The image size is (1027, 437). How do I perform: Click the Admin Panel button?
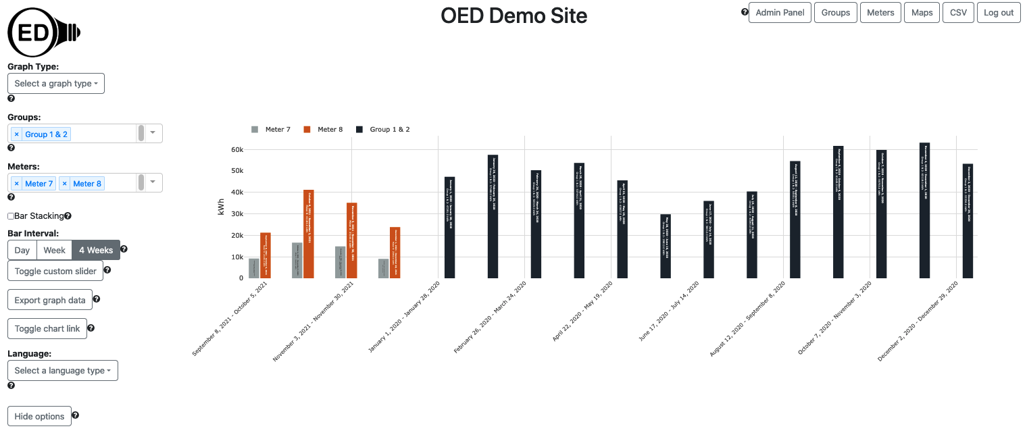coord(780,13)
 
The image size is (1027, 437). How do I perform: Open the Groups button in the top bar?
coord(835,13)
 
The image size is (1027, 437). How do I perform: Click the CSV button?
coord(958,13)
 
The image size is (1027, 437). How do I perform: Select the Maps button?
coord(922,13)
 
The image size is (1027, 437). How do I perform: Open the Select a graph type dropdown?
coord(56,84)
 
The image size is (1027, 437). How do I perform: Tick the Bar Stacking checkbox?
coord(11,216)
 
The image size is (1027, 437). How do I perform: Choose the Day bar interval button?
coord(22,250)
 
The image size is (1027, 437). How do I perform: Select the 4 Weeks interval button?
coord(96,250)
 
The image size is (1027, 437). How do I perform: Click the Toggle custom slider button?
coord(55,271)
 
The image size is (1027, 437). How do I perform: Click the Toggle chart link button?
coord(47,328)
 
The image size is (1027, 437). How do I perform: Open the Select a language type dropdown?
coord(63,370)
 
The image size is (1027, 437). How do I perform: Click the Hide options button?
coord(39,416)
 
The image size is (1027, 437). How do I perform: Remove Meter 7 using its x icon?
coord(17,184)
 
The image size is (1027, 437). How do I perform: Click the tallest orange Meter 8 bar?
coord(309,234)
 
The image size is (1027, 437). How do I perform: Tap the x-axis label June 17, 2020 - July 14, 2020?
coord(669,311)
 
